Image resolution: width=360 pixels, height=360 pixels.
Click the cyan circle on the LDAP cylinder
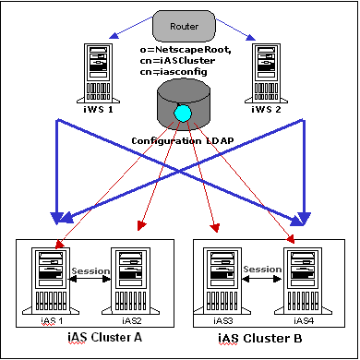183,112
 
